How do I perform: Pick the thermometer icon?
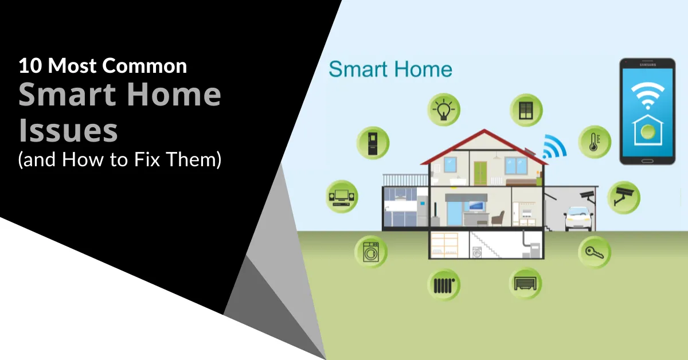[594, 142]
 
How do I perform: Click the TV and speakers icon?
[342, 197]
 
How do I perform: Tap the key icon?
[595, 252]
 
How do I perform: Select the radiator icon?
[444, 284]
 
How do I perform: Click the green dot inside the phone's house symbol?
[647, 131]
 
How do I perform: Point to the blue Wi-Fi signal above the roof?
[554, 147]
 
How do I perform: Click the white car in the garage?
[577, 219]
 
